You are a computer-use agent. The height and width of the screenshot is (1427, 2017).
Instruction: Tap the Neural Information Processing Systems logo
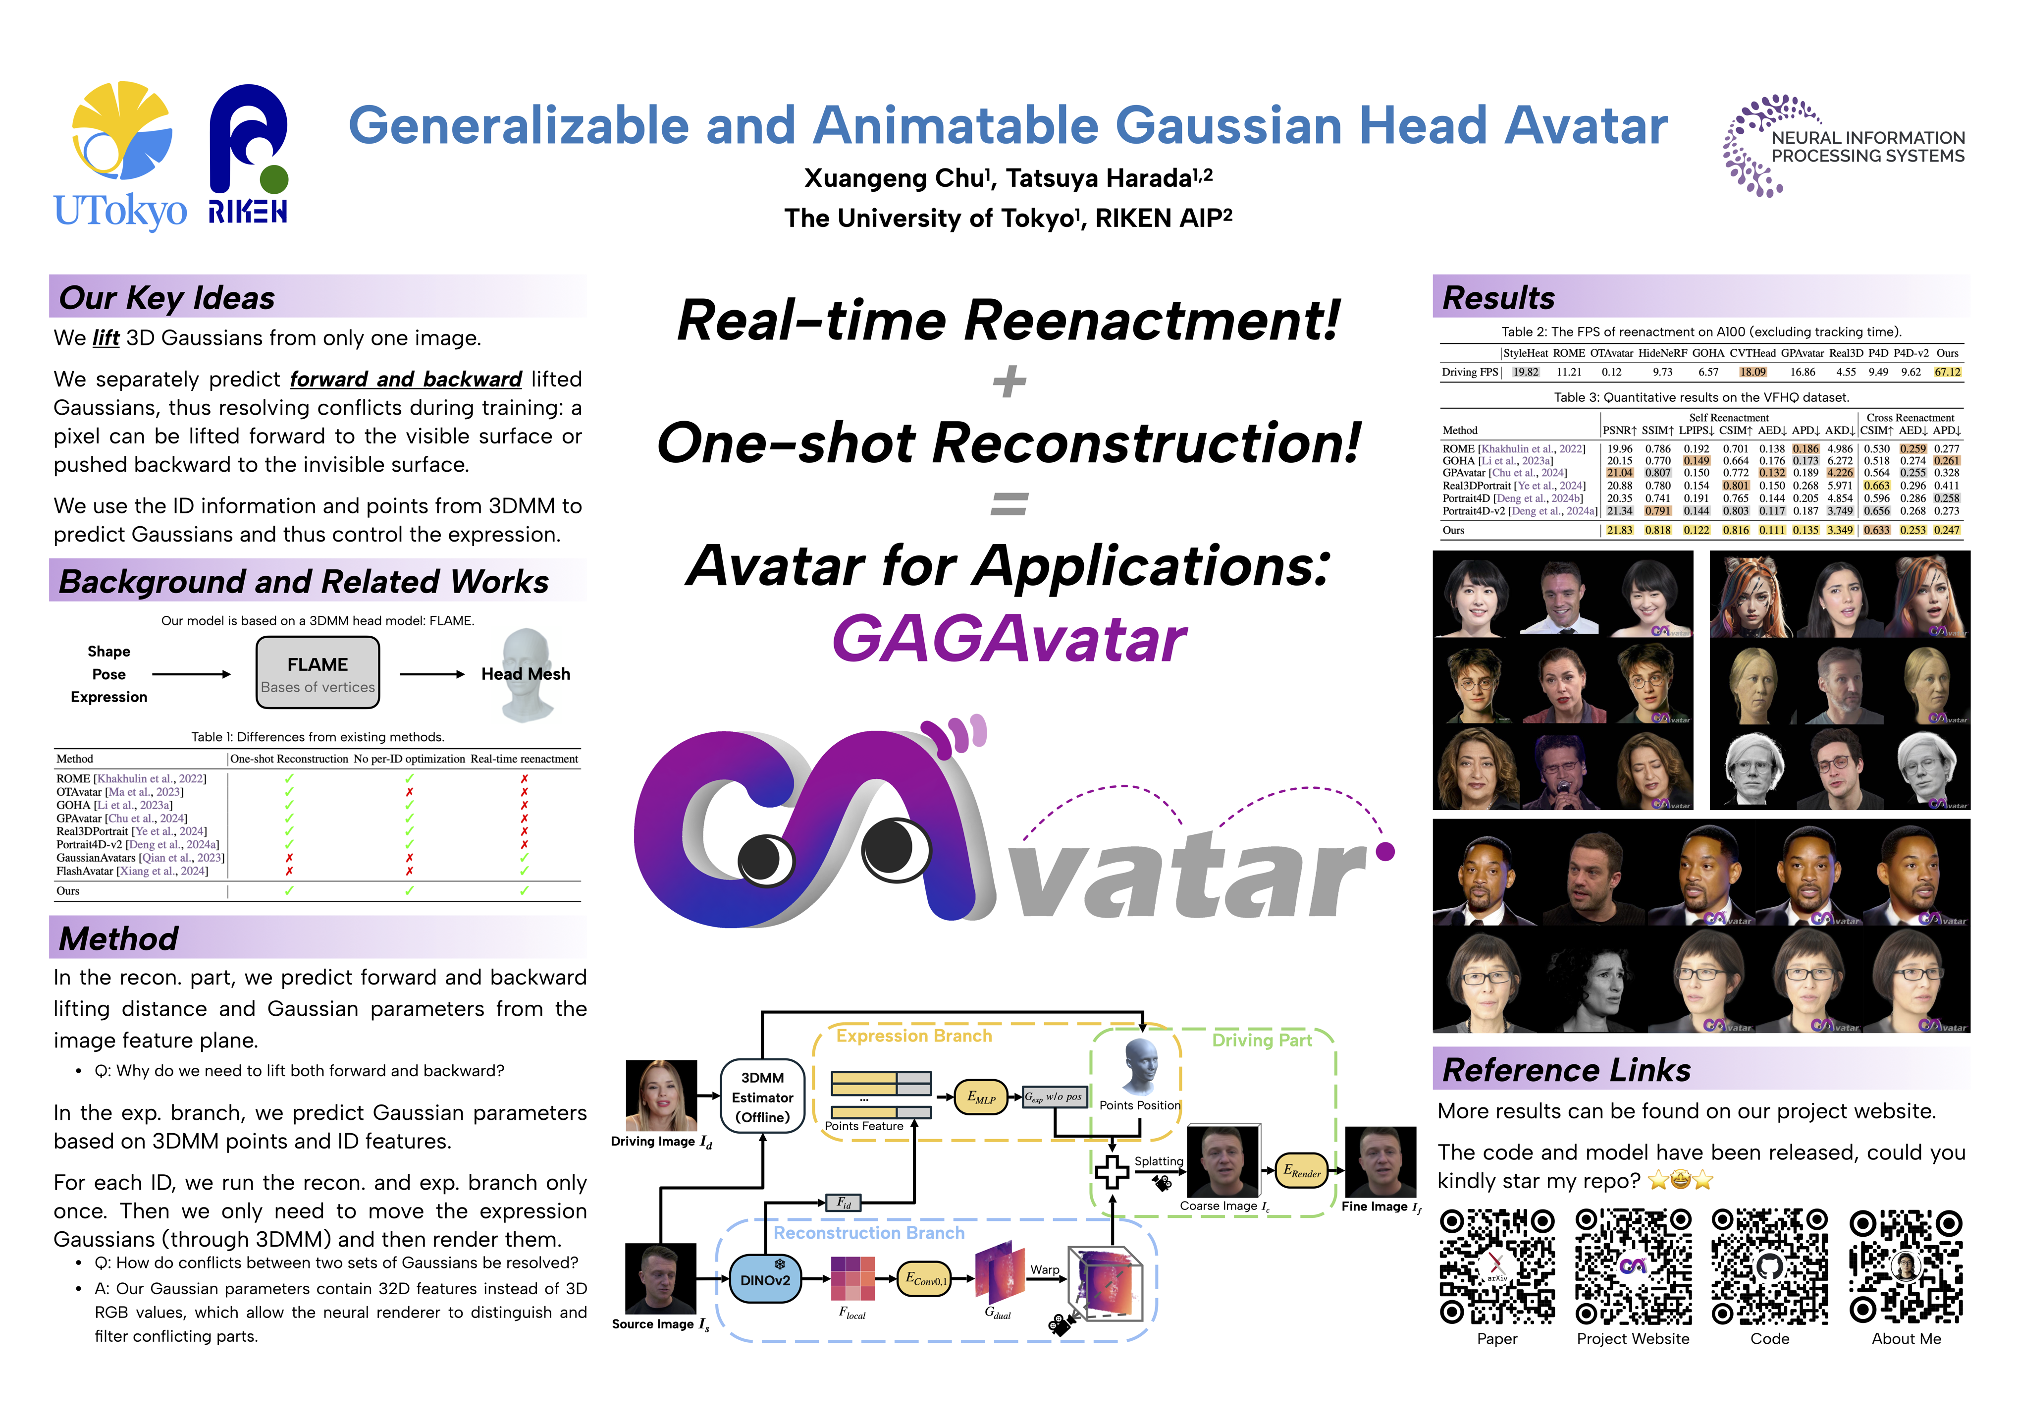tap(1843, 146)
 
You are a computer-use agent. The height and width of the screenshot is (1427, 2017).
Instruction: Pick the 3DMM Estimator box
tap(762, 1098)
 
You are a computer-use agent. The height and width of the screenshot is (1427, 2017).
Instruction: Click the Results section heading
tap(1499, 298)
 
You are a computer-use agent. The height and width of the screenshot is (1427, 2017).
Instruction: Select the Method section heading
tap(118, 938)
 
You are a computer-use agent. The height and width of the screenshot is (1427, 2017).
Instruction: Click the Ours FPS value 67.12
tap(1948, 372)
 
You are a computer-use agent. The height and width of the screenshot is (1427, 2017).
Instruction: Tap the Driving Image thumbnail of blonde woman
tap(661, 1095)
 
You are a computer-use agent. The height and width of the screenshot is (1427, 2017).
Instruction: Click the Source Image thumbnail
tap(661, 1278)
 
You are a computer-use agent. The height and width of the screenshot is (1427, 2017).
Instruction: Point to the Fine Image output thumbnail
tap(1380, 1161)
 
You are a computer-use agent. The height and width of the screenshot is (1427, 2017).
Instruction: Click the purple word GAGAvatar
tap(1009, 639)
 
